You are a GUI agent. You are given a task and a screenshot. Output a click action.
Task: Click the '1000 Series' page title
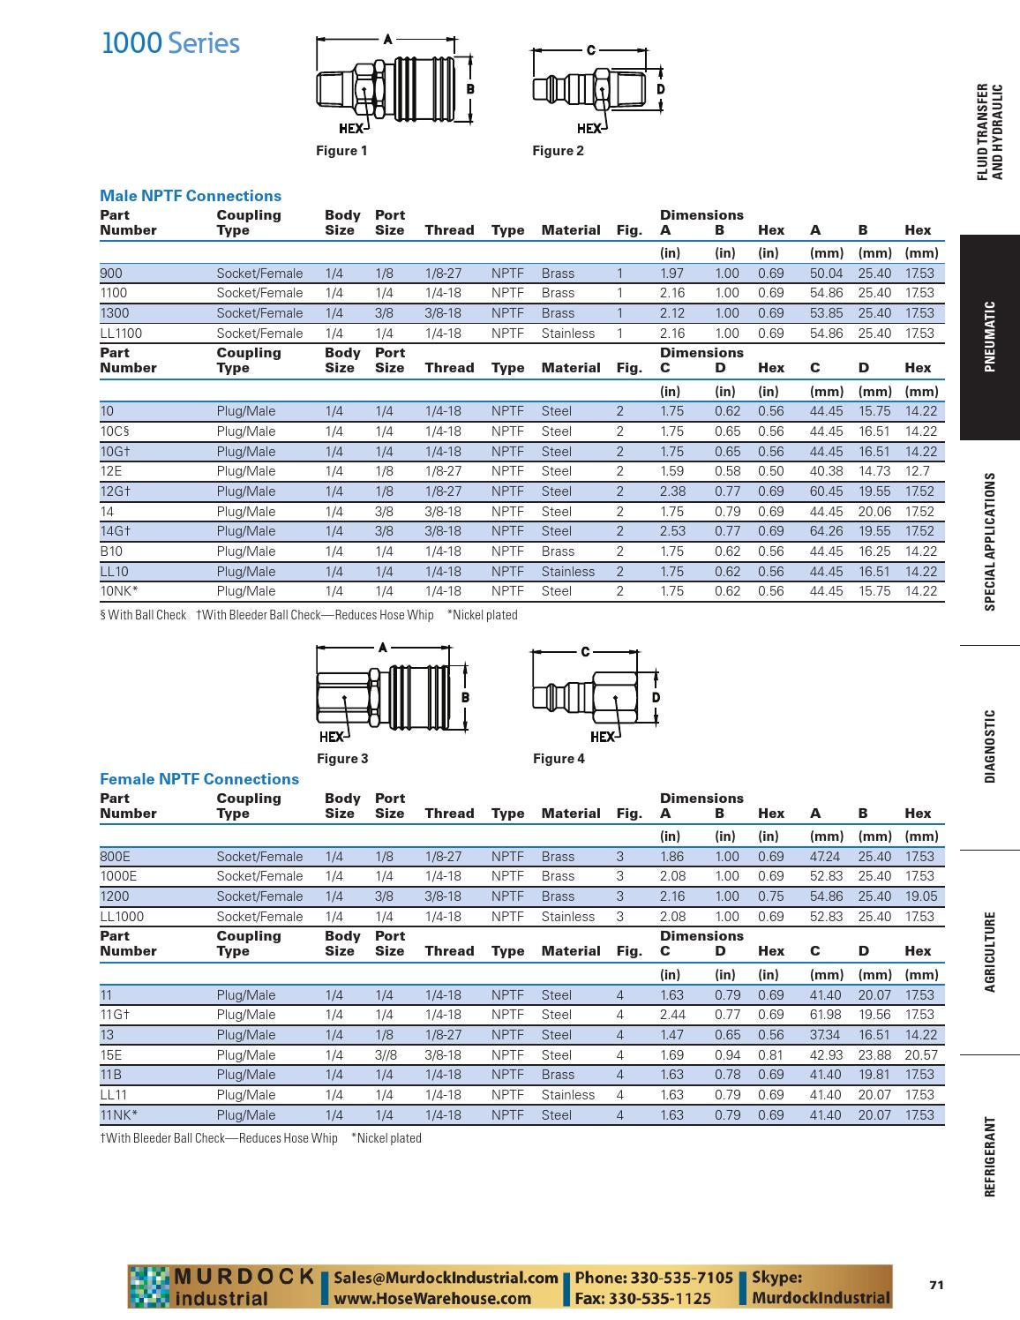click(x=170, y=43)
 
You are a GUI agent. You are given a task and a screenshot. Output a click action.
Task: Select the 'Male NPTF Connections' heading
click(x=191, y=196)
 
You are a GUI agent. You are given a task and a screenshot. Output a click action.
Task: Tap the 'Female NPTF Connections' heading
click(x=199, y=779)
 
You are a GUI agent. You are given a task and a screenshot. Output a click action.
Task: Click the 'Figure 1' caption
click(x=341, y=151)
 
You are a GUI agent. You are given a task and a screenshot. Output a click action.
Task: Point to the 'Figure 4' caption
click(x=559, y=759)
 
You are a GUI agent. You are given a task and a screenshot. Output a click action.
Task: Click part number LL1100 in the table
click(x=121, y=334)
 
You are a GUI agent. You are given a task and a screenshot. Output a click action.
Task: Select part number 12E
click(x=112, y=471)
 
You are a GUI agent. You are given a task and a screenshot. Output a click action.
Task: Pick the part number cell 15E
click(x=112, y=1055)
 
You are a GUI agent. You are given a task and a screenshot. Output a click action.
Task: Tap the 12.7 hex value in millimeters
click(x=917, y=471)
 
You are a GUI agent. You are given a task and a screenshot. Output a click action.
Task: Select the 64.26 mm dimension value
click(x=826, y=531)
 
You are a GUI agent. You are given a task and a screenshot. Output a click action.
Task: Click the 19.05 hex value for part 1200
click(x=920, y=896)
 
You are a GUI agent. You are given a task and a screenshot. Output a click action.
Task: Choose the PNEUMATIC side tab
click(x=990, y=337)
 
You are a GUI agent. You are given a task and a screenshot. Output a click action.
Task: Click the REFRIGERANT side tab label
click(x=990, y=1157)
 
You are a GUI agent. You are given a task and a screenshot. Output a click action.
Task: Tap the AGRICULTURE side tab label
click(x=990, y=952)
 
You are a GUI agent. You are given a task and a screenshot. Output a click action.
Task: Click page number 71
click(x=936, y=1285)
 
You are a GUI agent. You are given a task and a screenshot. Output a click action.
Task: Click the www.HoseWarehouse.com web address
click(x=432, y=1299)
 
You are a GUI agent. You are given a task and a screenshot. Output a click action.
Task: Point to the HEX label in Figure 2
click(x=589, y=128)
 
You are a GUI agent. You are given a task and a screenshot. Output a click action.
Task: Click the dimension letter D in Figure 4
click(x=656, y=697)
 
